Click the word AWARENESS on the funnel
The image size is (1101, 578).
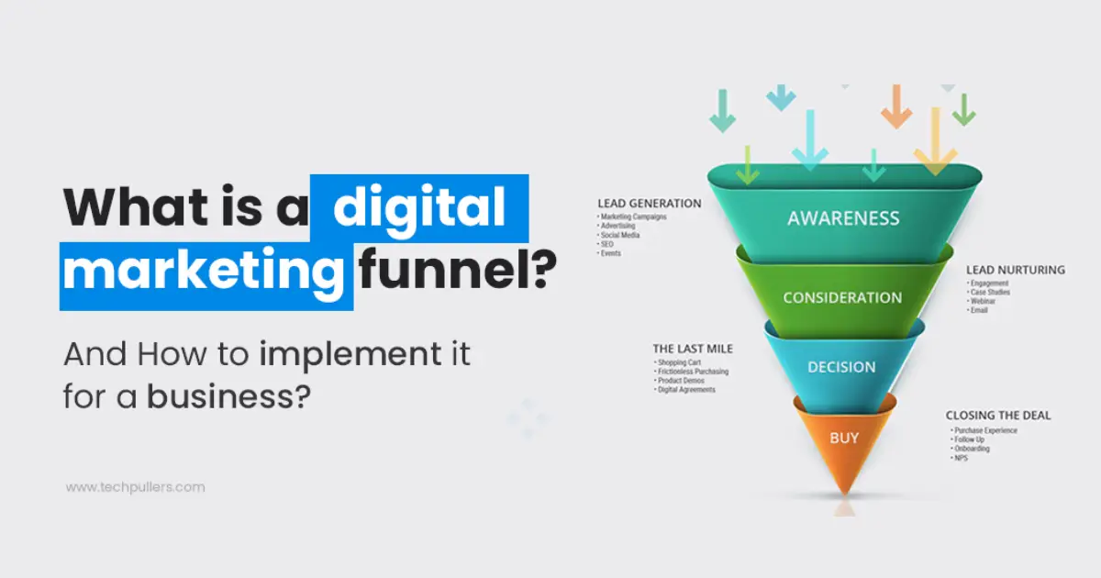[843, 219]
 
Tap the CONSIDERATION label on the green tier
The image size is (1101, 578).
[842, 298]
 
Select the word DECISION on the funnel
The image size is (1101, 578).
[841, 367]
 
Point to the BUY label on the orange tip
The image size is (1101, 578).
[844, 438]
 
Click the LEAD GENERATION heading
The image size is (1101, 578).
[649, 204]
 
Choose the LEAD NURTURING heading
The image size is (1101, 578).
[1015, 271]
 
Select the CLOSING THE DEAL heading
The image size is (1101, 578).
[998, 416]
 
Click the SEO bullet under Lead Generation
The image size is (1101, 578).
[608, 244]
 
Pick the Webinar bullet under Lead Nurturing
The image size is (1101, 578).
[984, 302]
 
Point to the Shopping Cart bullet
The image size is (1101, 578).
[679, 362]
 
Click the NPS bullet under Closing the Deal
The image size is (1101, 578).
[961, 458]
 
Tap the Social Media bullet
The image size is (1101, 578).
[620, 235]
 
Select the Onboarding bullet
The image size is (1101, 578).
[972, 449]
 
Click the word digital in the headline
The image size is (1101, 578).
[418, 208]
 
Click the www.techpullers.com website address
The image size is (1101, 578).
[135, 487]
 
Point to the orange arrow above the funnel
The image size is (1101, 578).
[896, 106]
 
